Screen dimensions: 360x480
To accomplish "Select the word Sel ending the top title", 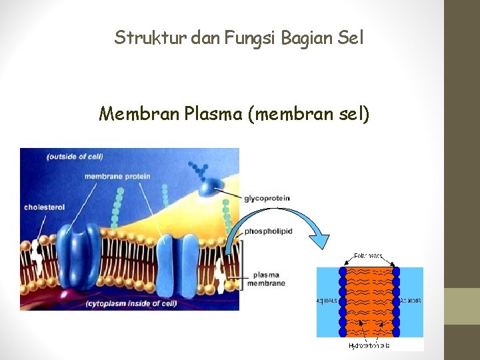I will click(351, 38).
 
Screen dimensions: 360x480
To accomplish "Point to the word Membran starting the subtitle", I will click(138, 115).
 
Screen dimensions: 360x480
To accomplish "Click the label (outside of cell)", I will click(74, 157).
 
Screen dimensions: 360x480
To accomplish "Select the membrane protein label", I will click(117, 177).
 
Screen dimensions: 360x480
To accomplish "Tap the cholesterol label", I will click(44, 207).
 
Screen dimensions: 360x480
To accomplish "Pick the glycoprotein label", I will click(267, 198).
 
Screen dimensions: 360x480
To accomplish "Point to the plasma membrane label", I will click(266, 279).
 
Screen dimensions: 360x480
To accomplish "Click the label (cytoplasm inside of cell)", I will click(131, 304).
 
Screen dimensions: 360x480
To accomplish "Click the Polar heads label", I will click(368, 256).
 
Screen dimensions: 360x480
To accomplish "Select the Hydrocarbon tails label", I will click(369, 346).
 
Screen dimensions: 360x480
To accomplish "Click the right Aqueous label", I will click(411, 301).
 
